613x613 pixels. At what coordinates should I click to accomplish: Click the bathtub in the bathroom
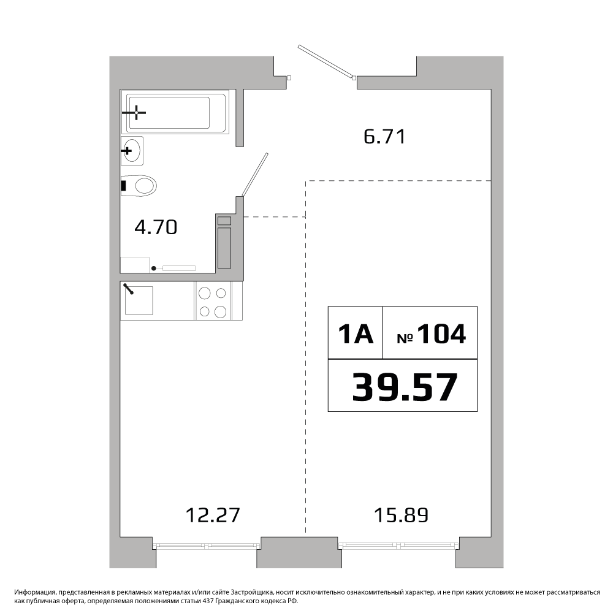[174, 112]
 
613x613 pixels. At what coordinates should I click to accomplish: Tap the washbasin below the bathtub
[132, 151]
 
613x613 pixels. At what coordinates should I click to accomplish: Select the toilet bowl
[139, 186]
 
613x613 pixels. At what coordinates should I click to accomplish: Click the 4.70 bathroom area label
[156, 227]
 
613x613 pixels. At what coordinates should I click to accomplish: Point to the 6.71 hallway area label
[385, 137]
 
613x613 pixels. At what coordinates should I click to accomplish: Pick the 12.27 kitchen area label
[213, 515]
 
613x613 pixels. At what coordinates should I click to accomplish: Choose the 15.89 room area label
[402, 515]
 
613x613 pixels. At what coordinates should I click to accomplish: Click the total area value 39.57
[405, 387]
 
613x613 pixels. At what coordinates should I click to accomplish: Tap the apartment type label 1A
[356, 334]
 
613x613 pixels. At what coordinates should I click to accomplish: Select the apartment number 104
[442, 334]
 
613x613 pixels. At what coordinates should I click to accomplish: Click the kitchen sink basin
[139, 300]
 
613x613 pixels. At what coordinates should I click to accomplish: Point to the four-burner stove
[213, 300]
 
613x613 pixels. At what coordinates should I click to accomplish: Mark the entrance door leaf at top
[326, 62]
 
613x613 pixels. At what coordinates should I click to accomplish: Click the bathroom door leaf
[255, 174]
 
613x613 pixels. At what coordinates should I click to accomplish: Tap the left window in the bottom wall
[207, 546]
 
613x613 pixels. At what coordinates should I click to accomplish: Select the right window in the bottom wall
[399, 546]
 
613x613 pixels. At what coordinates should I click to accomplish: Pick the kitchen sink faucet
[129, 289]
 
